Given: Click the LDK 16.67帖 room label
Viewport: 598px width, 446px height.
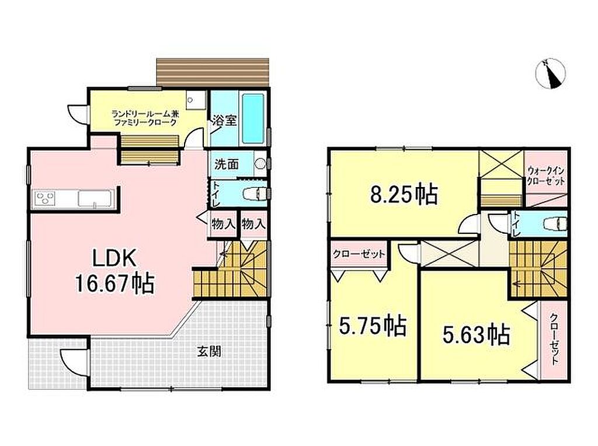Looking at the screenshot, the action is tap(115, 271).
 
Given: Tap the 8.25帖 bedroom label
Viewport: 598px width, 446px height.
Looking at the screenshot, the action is tap(404, 194).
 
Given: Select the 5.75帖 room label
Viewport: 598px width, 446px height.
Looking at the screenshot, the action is tap(373, 326).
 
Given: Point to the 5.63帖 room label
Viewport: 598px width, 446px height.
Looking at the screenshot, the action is tap(477, 334).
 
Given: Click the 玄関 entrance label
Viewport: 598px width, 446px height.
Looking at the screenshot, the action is tap(209, 351).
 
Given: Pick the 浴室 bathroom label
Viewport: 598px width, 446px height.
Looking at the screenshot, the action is tap(224, 120).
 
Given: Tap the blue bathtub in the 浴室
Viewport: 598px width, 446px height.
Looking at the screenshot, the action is tap(253, 119).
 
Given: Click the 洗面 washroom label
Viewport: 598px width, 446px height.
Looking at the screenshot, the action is tap(227, 164).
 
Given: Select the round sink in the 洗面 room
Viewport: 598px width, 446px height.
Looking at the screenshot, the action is tap(260, 164).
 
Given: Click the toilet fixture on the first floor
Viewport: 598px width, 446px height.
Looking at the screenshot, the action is tap(255, 194).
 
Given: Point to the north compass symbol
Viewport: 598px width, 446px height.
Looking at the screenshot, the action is tap(550, 74).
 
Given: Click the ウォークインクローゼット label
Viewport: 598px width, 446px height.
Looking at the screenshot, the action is tap(545, 175).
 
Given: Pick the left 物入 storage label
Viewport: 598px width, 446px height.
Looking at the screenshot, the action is tap(223, 224).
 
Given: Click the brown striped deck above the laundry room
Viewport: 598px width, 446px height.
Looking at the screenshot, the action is tap(213, 72).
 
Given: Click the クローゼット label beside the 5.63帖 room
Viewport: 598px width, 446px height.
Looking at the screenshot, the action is tap(554, 339).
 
